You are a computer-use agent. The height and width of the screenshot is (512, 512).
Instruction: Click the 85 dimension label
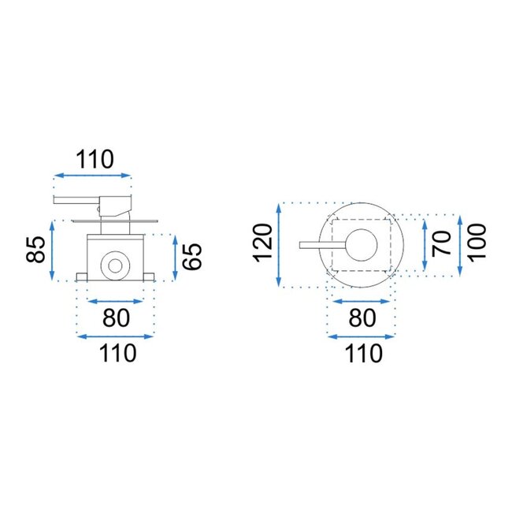pyautogui.click(x=36, y=250)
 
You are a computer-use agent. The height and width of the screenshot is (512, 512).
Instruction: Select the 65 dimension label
pyautogui.click(x=192, y=257)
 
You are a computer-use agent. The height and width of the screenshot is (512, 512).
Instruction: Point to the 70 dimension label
pyautogui.click(x=441, y=243)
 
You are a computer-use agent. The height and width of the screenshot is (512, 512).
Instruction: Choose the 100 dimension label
pyautogui.click(x=477, y=242)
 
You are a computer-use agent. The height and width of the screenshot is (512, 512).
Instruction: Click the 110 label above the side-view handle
pyautogui.click(x=95, y=159)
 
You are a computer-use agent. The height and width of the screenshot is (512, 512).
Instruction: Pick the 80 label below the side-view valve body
pyautogui.click(x=116, y=317)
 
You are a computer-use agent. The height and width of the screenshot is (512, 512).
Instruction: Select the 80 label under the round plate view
pyautogui.click(x=362, y=317)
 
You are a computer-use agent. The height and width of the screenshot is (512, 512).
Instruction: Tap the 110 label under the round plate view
pyautogui.click(x=363, y=354)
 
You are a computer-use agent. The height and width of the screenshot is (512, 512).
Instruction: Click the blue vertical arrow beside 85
pyautogui.click(x=52, y=250)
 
